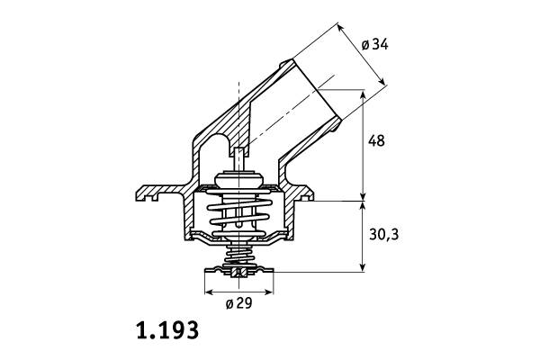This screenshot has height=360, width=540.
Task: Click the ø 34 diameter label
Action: pyautogui.click(x=374, y=44)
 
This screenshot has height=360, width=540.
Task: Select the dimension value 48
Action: pyautogui.click(x=376, y=141)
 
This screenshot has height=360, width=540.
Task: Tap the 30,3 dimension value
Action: pyautogui.click(x=384, y=235)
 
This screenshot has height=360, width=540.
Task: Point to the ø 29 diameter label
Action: pyautogui.click(x=239, y=303)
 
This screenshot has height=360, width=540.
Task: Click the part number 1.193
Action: pyautogui.click(x=167, y=330)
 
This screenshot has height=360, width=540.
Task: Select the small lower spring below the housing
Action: pyautogui.click(x=239, y=256)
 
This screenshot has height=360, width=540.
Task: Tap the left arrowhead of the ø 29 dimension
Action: pyautogui.click(x=209, y=292)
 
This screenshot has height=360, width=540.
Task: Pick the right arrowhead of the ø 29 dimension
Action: pyautogui.click(x=269, y=292)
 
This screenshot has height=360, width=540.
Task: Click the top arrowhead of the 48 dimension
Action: pyautogui.click(x=363, y=94)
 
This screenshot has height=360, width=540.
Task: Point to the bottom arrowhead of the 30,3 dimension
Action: pyautogui.click(x=363, y=267)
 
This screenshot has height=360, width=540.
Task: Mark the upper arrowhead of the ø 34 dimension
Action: pyautogui.click(x=340, y=27)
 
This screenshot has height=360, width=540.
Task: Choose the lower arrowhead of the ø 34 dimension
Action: pyautogui.click(x=382, y=81)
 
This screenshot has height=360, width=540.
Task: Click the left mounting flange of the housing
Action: pyautogui.click(x=159, y=192)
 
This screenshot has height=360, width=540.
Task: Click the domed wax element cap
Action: pyautogui.click(x=238, y=179)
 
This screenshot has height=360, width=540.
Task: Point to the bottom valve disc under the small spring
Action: pyautogui.click(x=239, y=272)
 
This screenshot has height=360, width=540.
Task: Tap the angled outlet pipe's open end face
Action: pyautogui.click(x=317, y=90)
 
